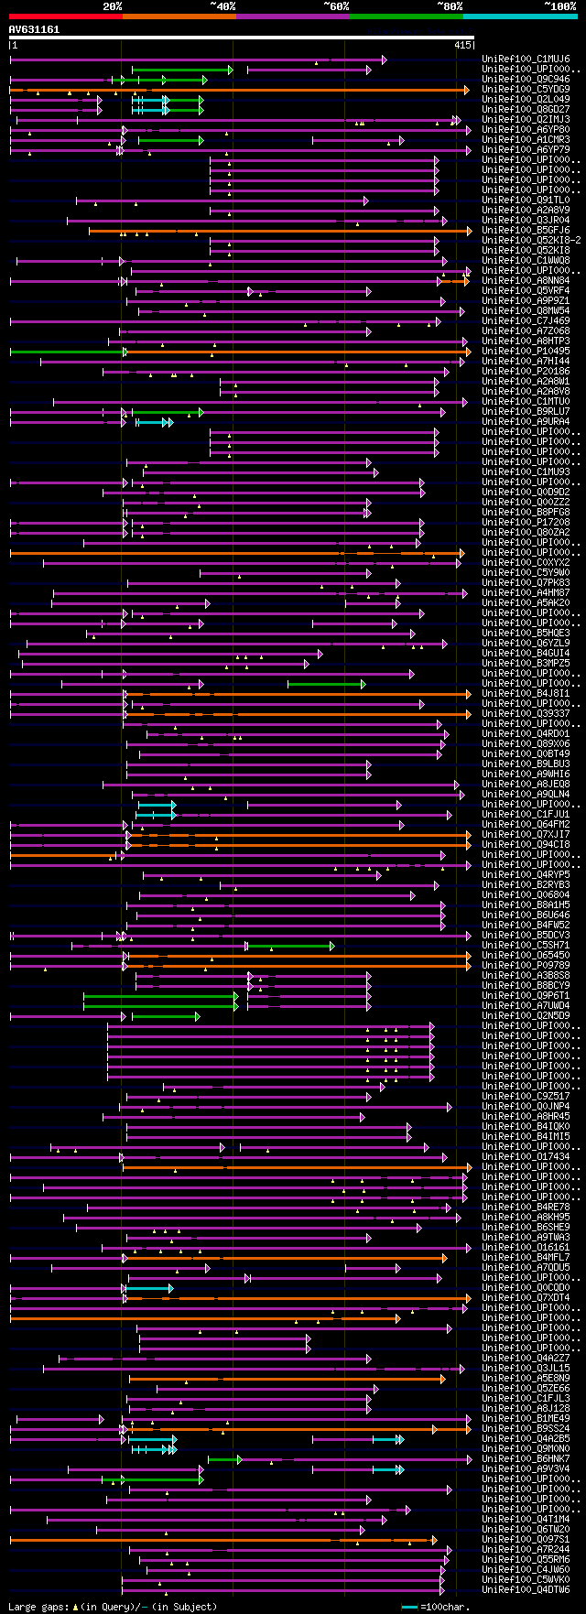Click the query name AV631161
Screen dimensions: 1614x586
pos(34,29)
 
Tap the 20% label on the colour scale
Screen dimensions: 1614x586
pos(113,6)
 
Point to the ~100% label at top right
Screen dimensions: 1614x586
pos(559,6)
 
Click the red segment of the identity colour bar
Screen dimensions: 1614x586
pos(65,16)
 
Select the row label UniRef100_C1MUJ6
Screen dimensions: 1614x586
pos(526,60)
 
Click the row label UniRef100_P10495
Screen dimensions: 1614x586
pos(526,352)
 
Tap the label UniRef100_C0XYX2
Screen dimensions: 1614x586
pos(526,563)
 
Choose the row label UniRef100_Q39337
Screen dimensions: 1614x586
pos(526,714)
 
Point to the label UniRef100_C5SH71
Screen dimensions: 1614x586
pos(526,946)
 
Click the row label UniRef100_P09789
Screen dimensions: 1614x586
pos(526,966)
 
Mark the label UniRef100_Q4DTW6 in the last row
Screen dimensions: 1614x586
pos(526,1590)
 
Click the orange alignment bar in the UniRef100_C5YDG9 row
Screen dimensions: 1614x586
pos(275,90)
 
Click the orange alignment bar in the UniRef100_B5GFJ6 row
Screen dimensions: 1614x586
pos(275,231)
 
